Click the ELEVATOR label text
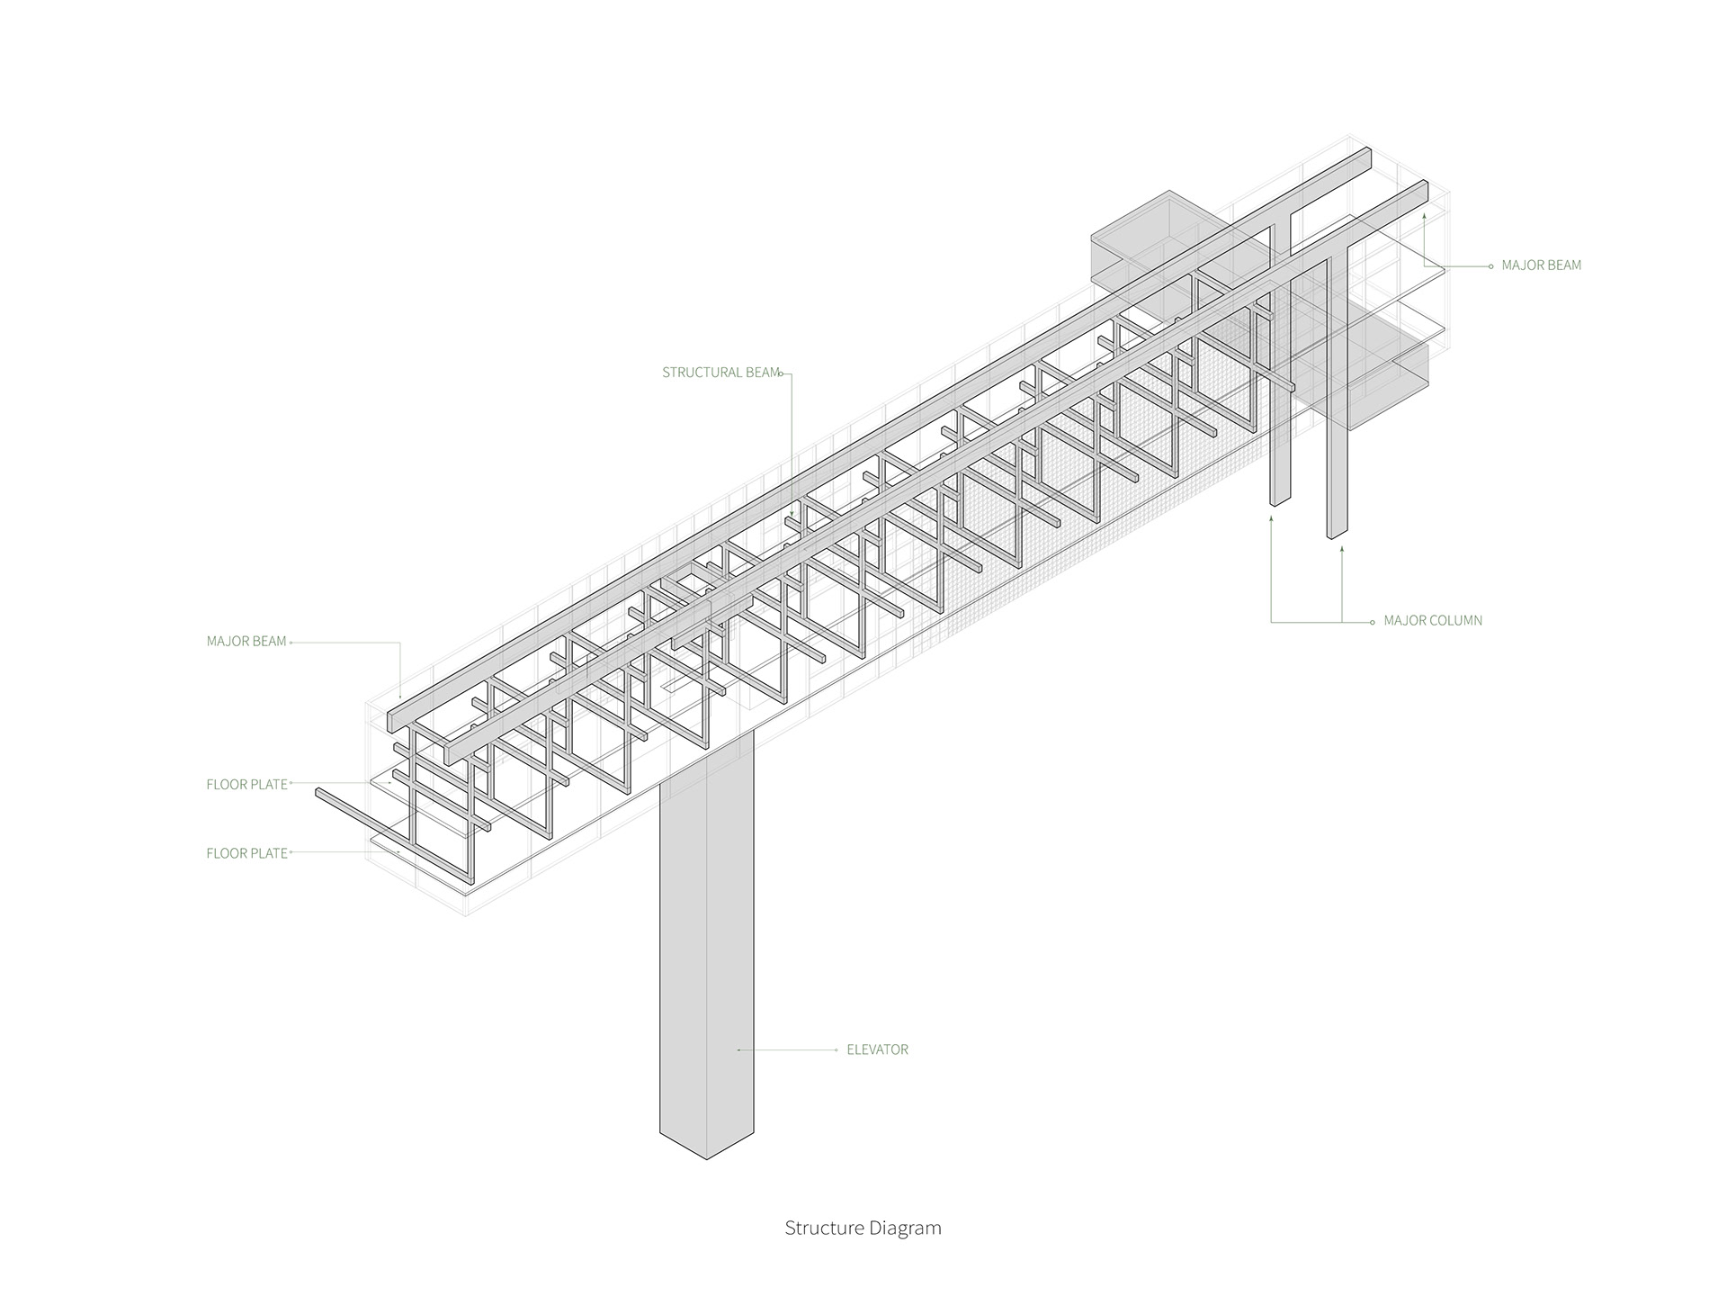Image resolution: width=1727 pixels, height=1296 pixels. point(877,1049)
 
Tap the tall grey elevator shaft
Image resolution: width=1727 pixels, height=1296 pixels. point(706,945)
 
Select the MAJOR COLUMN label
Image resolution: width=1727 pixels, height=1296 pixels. point(1433,621)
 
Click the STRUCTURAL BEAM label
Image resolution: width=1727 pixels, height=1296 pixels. point(720,373)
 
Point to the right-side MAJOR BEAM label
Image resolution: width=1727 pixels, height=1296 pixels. point(1541,265)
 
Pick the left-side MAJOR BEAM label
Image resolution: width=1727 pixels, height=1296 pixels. point(246,642)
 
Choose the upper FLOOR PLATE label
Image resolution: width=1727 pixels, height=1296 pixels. point(246,785)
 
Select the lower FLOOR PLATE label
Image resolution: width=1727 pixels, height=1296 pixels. point(246,853)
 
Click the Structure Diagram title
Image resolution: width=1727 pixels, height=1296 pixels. point(863,1228)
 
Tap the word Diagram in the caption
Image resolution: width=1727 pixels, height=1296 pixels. point(906,1228)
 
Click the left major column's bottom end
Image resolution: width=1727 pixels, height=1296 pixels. point(1281,502)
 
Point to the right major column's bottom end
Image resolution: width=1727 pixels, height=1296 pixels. point(1337,535)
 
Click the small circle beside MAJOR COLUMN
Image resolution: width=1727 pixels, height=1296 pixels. point(1373,622)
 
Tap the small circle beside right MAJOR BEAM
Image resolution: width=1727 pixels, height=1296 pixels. point(1490,266)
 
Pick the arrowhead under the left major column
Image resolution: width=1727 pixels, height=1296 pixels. point(1271,518)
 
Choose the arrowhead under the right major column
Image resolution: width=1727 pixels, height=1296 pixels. point(1342,548)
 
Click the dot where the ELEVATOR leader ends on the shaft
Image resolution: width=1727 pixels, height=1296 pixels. point(738,1050)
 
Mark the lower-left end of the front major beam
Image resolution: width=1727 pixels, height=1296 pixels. point(393,723)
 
